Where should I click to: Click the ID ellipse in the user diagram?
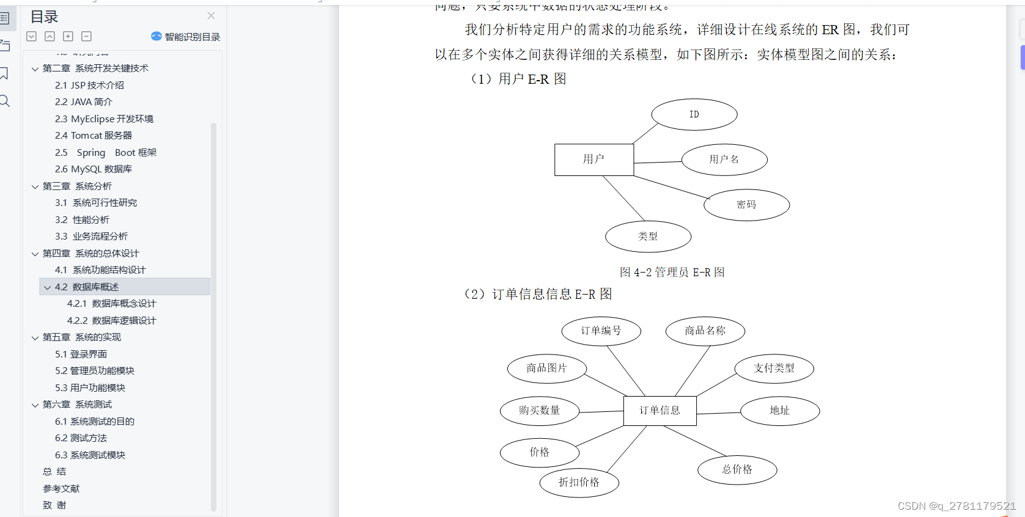pos(694,114)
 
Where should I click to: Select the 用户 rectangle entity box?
pos(593,159)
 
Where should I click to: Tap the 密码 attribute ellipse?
pos(746,205)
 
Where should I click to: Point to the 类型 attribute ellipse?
pos(648,237)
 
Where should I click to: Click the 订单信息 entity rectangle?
pos(659,411)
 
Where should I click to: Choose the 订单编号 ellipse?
pos(601,331)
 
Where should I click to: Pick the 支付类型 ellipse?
pos(774,368)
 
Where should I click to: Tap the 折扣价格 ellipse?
pos(579,482)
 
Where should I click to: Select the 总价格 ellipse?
pos(737,469)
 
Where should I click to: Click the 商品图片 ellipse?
pos(546,368)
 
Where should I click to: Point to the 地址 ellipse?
pos(779,411)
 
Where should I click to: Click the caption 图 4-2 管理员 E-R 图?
pos(672,272)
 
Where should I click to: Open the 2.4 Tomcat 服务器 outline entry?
pos(94,136)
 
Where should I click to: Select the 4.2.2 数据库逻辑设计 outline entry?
pos(111,320)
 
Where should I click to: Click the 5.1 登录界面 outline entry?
pos(81,354)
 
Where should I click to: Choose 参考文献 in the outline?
pos(61,488)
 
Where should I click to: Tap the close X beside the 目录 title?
pos(211,16)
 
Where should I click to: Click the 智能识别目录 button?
pos(186,37)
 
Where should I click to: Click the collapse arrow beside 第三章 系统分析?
pos(35,186)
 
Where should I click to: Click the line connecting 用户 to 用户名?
pos(657,163)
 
